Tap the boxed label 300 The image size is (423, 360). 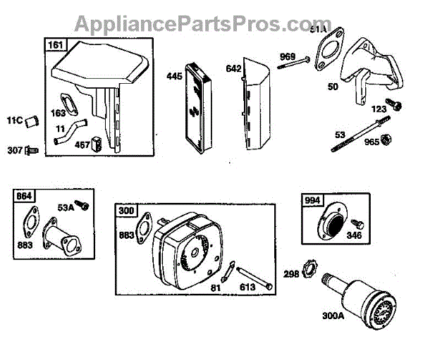tap(126, 209)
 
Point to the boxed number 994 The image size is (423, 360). tap(311, 199)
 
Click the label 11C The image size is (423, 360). tap(16, 121)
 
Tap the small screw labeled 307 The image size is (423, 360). tap(30, 149)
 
